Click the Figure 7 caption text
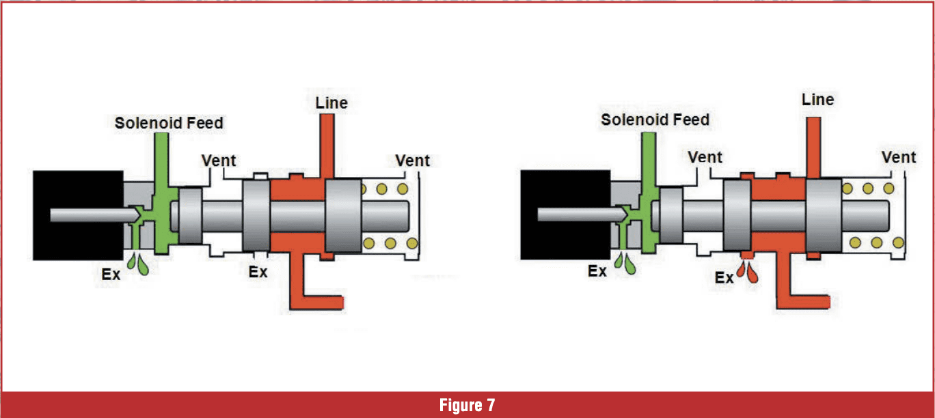[467, 405]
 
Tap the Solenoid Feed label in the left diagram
[169, 123]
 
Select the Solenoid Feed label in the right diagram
[655, 120]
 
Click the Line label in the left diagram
[331, 103]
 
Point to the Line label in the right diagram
[817, 100]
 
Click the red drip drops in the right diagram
[750, 273]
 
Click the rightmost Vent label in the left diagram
[413, 161]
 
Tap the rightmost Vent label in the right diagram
[899, 158]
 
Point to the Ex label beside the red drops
[724, 278]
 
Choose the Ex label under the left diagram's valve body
[258, 270]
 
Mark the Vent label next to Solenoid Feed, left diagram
[219, 161]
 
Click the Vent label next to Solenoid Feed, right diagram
[705, 157]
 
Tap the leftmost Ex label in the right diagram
[597, 271]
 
